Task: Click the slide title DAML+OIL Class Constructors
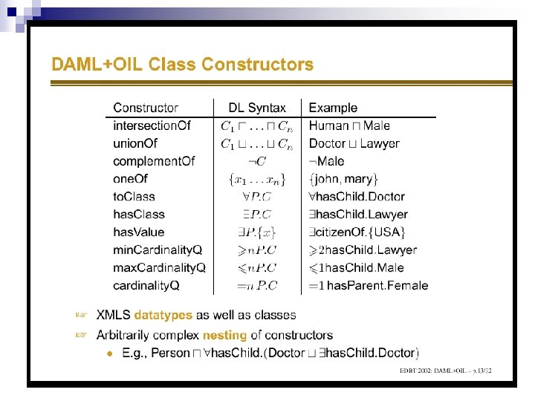point(182,65)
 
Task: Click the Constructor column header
point(146,108)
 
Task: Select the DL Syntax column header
point(257,108)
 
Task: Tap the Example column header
point(333,108)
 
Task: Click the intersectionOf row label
point(152,125)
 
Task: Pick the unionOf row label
point(135,143)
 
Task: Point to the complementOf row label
point(154,161)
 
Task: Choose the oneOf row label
point(131,179)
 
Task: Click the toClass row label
point(134,197)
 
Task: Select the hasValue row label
point(139,232)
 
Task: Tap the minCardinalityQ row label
point(158,250)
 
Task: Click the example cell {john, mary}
point(344,179)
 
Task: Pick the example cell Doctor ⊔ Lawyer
point(354,143)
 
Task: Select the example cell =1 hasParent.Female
point(369,286)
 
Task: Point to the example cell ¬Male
point(327,161)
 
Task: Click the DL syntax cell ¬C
point(257,161)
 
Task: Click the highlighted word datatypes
point(163,316)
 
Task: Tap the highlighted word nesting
point(224,336)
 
